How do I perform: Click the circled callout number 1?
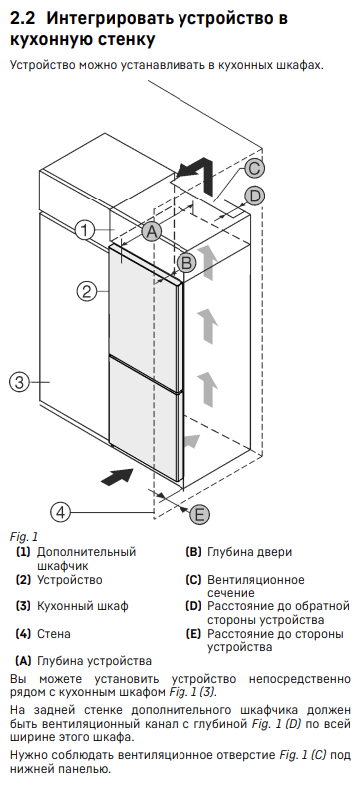85,231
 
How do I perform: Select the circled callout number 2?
87,291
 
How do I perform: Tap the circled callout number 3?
19,382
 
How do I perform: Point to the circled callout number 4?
61,512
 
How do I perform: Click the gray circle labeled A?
151,232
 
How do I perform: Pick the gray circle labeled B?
186,263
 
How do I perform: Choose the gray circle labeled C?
255,168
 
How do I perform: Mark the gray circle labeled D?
255,196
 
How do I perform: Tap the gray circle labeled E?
199,515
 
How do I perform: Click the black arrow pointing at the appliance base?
117,477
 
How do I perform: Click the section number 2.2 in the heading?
24,19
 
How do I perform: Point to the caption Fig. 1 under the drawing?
24,536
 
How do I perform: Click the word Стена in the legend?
54,634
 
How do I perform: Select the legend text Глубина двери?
250,552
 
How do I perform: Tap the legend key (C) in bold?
194,580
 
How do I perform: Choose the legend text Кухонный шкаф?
82,606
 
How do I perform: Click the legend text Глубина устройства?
94,661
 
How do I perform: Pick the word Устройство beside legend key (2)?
70,580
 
